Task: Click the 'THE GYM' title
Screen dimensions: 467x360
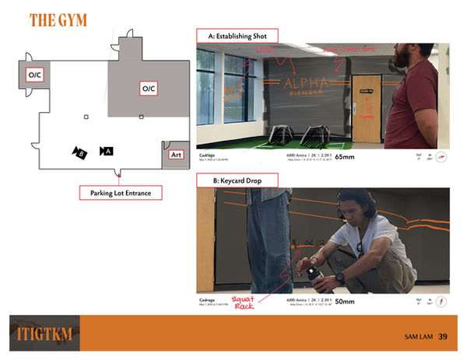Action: [58, 21]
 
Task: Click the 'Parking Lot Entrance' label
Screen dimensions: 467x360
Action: [118, 192]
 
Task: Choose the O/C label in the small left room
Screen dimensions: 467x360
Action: [36, 75]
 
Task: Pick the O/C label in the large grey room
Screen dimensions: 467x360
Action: [149, 89]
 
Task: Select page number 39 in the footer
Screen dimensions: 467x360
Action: [442, 337]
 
